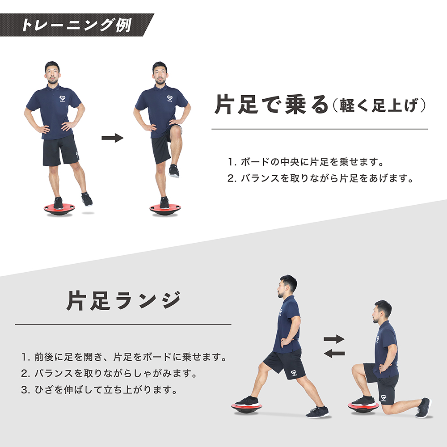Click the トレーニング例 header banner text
[76, 25]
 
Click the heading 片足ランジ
[124, 300]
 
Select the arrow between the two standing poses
[113, 138]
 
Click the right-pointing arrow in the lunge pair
[334, 339]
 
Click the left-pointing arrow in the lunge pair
[334, 354]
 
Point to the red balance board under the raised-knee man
[165, 209]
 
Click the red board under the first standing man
[59, 209]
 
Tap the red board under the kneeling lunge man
[363, 406]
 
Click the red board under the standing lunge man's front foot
[247, 408]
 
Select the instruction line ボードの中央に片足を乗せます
[306, 162]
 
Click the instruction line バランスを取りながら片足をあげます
[320, 178]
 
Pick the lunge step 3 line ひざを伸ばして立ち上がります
[99, 390]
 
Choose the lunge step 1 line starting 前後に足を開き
[124, 357]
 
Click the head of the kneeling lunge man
[382, 311]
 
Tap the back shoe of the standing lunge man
[317, 412]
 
